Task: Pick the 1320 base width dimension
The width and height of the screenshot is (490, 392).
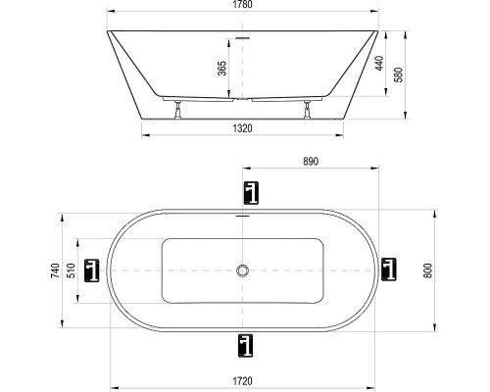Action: coord(242,127)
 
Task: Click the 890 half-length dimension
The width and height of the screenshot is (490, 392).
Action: coord(312,159)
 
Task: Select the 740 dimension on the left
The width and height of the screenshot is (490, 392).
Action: coord(56,269)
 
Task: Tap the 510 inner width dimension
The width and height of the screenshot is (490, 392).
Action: coord(72,269)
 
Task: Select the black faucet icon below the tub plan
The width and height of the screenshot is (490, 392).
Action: coord(243,344)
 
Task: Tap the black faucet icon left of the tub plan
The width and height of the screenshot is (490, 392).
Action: coord(94,269)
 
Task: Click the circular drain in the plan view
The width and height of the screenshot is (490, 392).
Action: coord(242,269)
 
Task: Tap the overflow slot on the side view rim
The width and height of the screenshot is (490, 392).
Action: coord(242,40)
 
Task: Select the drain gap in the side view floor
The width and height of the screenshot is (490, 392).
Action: coord(242,99)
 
